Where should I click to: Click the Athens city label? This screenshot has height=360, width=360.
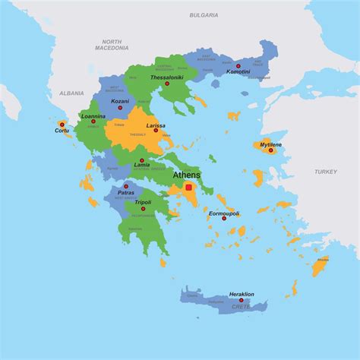click(187, 175)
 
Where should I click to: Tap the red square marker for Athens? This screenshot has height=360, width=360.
click(188, 187)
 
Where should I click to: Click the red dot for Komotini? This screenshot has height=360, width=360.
click(238, 66)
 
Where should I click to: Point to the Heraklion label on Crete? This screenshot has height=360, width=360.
click(241, 294)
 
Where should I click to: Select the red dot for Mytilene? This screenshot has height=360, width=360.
click(270, 150)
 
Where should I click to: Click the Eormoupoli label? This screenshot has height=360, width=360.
click(224, 213)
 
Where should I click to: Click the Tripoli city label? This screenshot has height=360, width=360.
click(143, 203)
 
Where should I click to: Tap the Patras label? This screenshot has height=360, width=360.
click(125, 192)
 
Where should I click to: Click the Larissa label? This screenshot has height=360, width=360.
click(156, 125)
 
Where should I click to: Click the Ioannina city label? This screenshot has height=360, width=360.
click(93, 115)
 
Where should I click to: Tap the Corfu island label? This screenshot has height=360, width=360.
click(62, 130)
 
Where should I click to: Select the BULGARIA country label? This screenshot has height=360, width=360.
click(204, 14)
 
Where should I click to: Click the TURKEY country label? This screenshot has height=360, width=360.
click(326, 172)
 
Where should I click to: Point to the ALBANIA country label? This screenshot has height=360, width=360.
click(71, 93)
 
